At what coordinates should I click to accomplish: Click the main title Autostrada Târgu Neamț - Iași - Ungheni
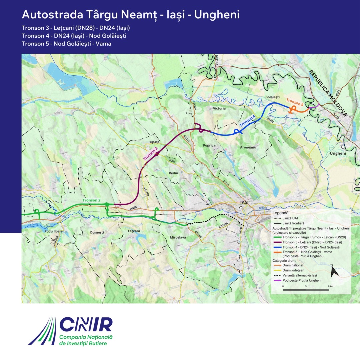[x=130, y=15]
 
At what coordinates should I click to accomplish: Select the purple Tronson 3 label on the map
[x=151, y=153]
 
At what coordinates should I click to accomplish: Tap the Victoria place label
[x=219, y=108]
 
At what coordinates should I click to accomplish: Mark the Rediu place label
[x=174, y=173]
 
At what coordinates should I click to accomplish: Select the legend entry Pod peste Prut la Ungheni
[x=302, y=280]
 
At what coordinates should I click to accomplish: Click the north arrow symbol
[x=334, y=271]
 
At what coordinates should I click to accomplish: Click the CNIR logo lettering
[x=86, y=324]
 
